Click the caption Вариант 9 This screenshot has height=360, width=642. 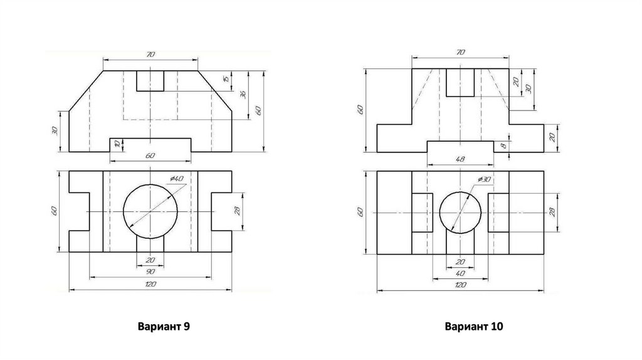coord(164,326)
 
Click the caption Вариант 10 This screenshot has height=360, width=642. coord(474,326)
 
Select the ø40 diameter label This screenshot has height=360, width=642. coord(177,179)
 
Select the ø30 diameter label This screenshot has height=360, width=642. coord(484,179)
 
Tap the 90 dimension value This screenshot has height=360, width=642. coord(150,272)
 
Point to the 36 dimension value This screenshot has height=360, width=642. coord(243,95)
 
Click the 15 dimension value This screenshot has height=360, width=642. coord(226,79)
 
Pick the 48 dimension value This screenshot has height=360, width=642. coord(460,159)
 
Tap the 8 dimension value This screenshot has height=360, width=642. coord(503,146)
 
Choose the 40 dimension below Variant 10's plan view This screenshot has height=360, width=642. coord(460,273)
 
